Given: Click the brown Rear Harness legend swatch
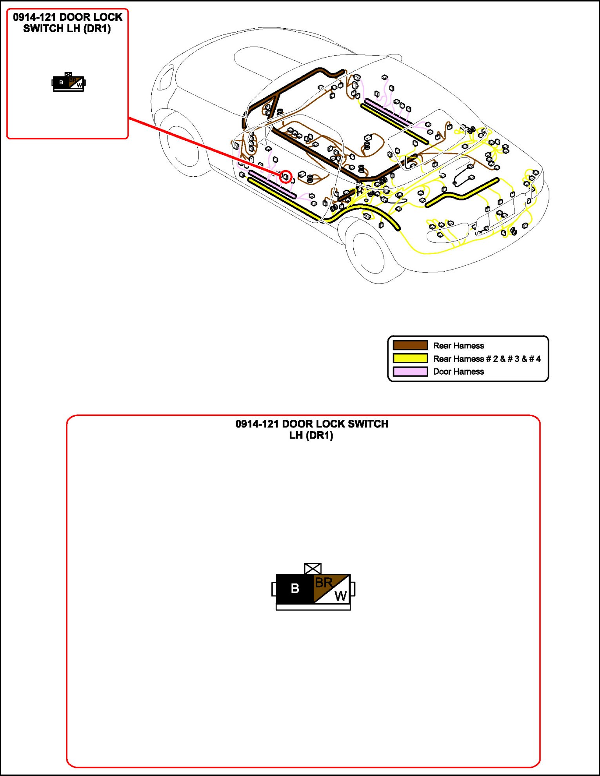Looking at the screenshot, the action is pos(410,345).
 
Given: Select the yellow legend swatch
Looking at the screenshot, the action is pos(410,358).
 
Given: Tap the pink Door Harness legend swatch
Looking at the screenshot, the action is pos(410,371).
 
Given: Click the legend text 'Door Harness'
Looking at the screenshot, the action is pos(458,372).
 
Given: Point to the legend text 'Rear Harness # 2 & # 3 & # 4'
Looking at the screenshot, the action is pos(487,359).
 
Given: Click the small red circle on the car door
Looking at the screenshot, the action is pos(286,177).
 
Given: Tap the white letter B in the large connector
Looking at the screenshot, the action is pos(295,588).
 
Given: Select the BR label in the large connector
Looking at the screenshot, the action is pos(324,583).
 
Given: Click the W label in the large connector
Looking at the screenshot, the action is pos(340,596).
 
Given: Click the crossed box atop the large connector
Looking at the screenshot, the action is pos(313,569).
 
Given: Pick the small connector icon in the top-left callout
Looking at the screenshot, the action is pos(69,82).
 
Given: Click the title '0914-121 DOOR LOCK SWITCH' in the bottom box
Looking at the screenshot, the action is pos(312,424).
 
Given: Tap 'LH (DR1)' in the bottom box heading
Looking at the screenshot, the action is pos(311,435).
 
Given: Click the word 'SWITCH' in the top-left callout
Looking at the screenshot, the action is pos(43,29).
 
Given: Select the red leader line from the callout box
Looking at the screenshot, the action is pos(204,147).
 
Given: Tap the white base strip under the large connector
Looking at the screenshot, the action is pos(313,607).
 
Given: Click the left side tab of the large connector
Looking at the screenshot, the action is pos(274,589).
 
